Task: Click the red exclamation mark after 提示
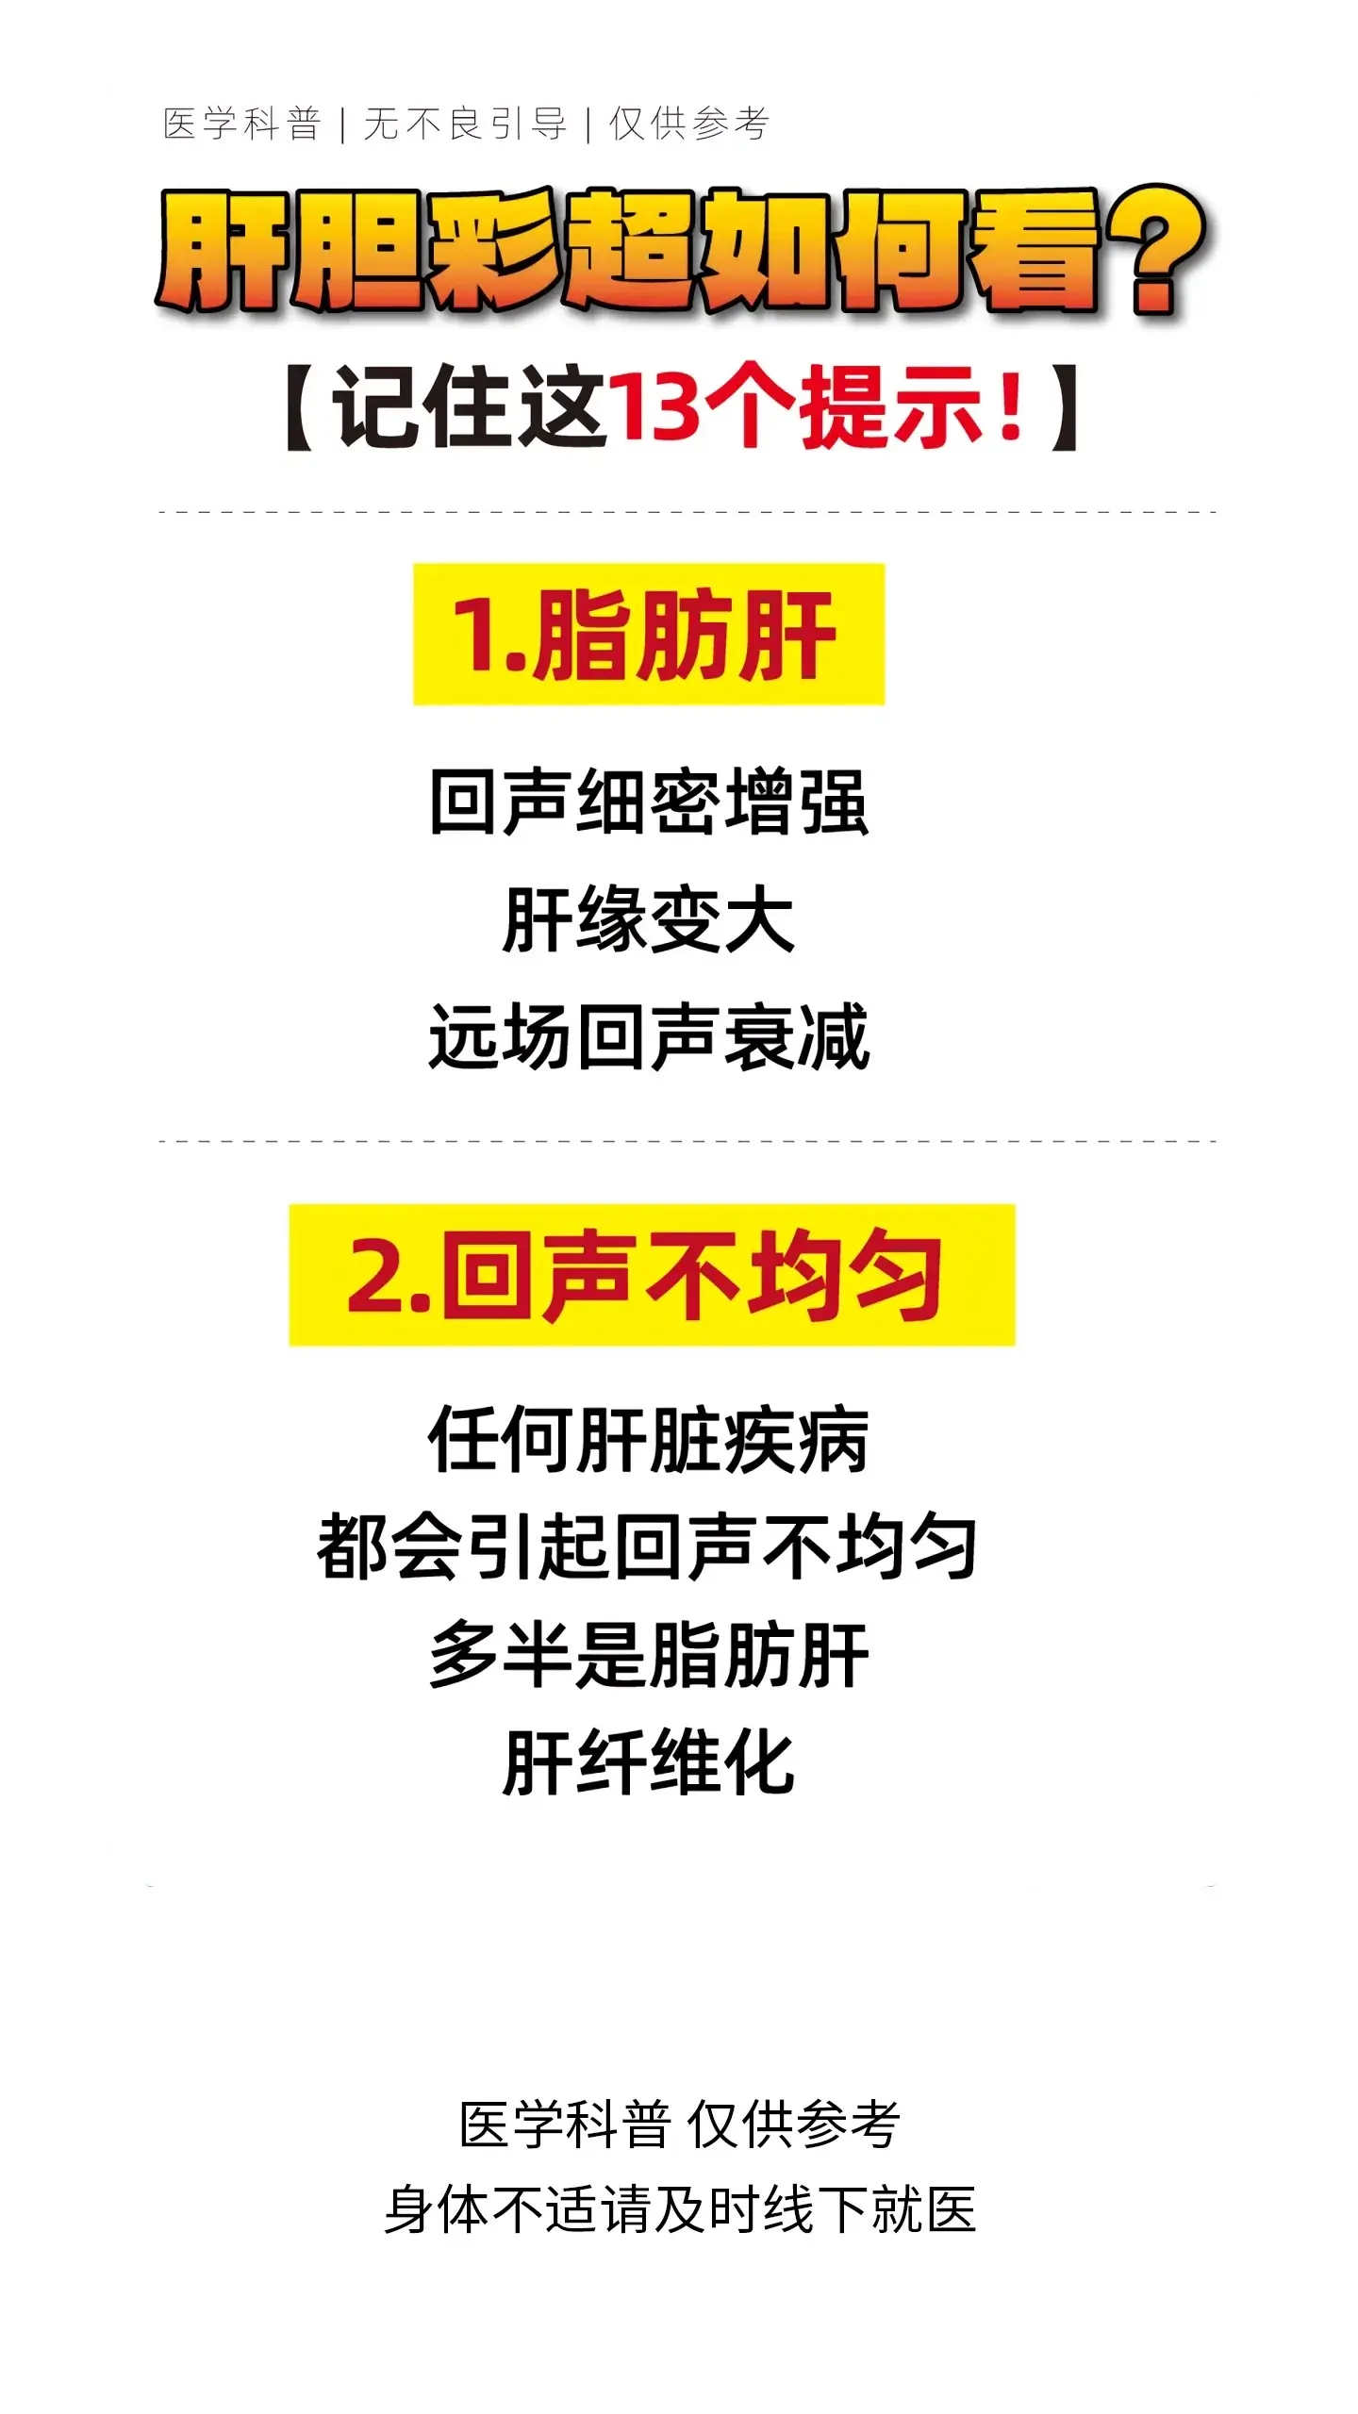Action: pos(1011,405)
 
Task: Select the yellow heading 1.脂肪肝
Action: pos(649,634)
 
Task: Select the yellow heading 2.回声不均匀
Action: pos(651,1275)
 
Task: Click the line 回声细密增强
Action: pos(649,802)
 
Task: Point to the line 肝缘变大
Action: pos(649,919)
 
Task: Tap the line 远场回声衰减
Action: pos(649,1037)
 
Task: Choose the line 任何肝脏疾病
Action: pos(649,1440)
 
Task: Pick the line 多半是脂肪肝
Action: pos(649,1655)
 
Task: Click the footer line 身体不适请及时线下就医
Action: pos(679,2209)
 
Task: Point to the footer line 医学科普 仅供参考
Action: pos(679,2126)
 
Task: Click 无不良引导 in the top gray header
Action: pos(465,124)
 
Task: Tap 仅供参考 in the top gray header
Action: pos(689,124)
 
